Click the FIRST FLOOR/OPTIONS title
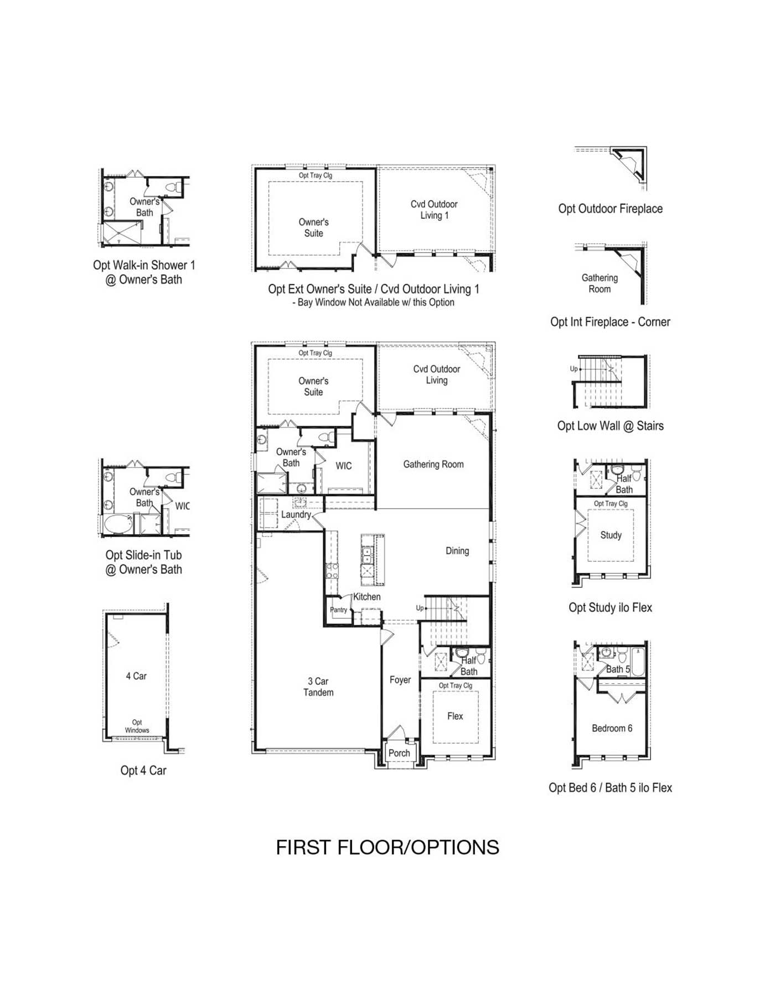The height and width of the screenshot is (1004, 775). [387, 848]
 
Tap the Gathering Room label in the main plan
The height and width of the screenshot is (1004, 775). [433, 464]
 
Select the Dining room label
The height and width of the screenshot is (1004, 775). [457, 551]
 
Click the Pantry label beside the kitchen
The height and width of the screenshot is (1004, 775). [339, 609]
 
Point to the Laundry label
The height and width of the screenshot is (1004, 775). [296, 514]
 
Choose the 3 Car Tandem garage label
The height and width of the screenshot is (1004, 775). [318, 687]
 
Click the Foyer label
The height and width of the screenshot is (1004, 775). [400, 680]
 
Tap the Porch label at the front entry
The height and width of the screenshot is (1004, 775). [399, 753]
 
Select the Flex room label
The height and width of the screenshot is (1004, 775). [455, 716]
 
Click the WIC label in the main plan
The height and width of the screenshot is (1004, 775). [344, 466]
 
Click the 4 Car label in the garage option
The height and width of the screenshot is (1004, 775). [136, 676]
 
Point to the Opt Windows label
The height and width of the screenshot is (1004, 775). [137, 726]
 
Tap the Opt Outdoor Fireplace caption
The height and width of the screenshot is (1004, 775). [611, 209]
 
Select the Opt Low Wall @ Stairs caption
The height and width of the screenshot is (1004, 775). [611, 426]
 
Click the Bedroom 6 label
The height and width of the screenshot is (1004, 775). [612, 728]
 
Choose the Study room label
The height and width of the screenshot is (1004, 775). [611, 535]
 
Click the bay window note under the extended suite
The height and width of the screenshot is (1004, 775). [373, 303]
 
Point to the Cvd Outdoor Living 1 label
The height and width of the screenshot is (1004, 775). [434, 210]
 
